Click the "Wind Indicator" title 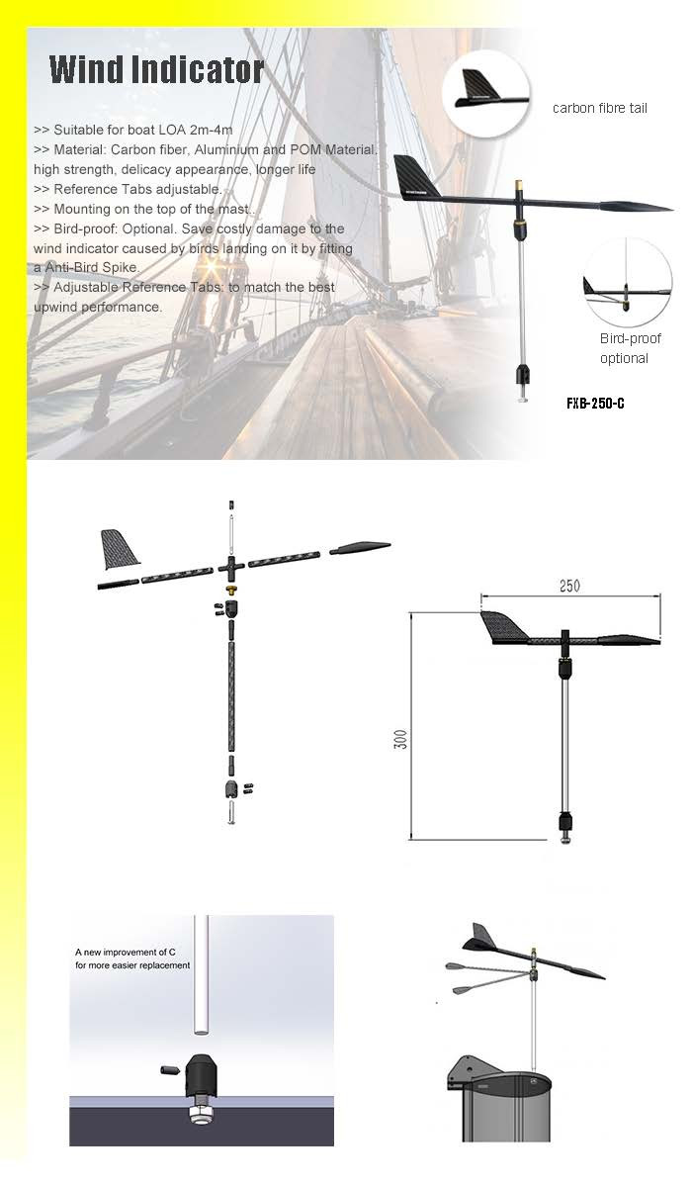click(x=157, y=70)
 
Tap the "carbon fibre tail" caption click(x=600, y=108)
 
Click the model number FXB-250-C click(x=595, y=403)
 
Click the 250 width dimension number click(x=569, y=586)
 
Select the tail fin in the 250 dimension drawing click(x=506, y=627)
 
